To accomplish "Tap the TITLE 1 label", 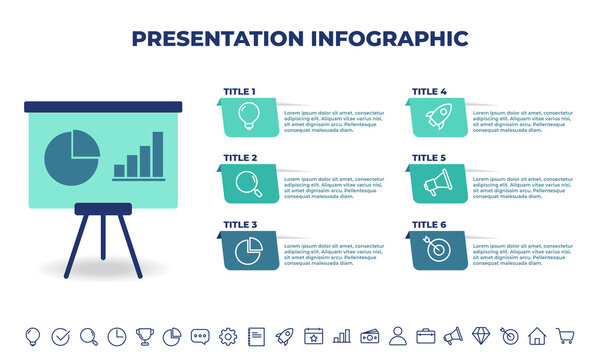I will point(239,91).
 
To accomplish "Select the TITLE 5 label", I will point(429,157).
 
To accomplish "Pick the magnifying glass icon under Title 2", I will point(248,183).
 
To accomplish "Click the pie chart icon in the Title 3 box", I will point(248,250).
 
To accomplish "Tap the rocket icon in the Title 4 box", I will point(437,116).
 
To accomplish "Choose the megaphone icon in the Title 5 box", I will point(437,183).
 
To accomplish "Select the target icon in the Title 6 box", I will point(437,250).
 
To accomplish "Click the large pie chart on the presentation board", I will point(73,154).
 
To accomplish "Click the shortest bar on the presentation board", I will point(119,171).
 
